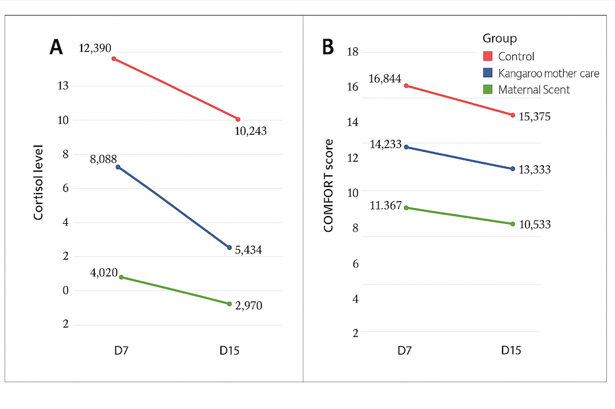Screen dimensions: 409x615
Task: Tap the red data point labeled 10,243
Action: click(238, 119)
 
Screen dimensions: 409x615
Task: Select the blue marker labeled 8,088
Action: click(118, 166)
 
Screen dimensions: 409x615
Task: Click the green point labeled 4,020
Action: click(121, 277)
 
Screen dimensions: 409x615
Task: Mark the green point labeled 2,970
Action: click(229, 304)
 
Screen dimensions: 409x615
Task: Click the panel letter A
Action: click(56, 47)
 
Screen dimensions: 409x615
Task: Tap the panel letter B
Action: click(327, 47)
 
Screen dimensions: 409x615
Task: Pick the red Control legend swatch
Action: click(488, 56)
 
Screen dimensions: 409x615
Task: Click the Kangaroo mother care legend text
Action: click(548, 73)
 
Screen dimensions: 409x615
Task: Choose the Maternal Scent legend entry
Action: click(534, 89)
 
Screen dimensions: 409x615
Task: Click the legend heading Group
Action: click(499, 39)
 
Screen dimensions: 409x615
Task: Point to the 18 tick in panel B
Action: click(352, 52)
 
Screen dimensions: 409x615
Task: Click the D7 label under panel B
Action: click(405, 351)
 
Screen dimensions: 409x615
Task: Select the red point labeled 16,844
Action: click(406, 85)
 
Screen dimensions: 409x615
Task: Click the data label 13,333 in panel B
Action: click(535, 170)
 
